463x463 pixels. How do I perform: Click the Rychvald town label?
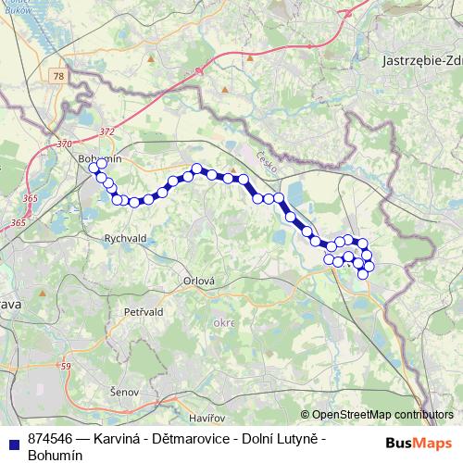[127, 238]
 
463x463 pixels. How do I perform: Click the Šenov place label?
[123, 393]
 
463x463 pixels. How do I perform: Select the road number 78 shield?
[60, 76]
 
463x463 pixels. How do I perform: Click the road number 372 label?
[106, 131]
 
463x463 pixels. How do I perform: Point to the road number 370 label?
[63, 144]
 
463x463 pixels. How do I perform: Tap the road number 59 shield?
[65, 368]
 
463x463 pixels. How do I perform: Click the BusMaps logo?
[419, 443]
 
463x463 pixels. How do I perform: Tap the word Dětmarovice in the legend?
[188, 438]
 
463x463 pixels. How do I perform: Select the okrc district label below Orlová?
[223, 323]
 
